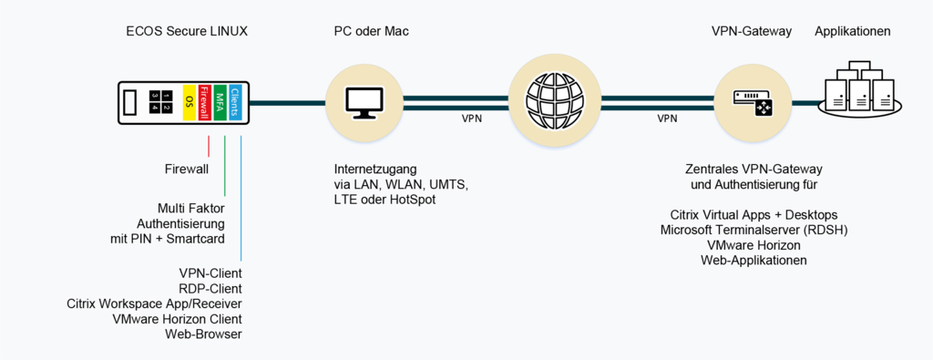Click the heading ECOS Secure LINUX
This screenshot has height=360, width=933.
tap(186, 32)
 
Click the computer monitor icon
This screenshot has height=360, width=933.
tap(364, 102)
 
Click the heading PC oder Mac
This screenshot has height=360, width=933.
tap(371, 32)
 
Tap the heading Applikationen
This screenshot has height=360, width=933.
tap(852, 32)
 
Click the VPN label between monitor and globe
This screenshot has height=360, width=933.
tap(471, 118)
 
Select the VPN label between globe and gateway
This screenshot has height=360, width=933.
tap(667, 118)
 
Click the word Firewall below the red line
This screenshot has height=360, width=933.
tap(186, 169)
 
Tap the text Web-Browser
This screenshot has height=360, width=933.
tap(203, 334)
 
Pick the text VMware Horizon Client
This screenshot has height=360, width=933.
tap(177, 319)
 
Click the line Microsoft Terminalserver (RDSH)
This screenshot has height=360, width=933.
tap(754, 230)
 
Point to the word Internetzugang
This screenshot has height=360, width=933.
tap(374, 169)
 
